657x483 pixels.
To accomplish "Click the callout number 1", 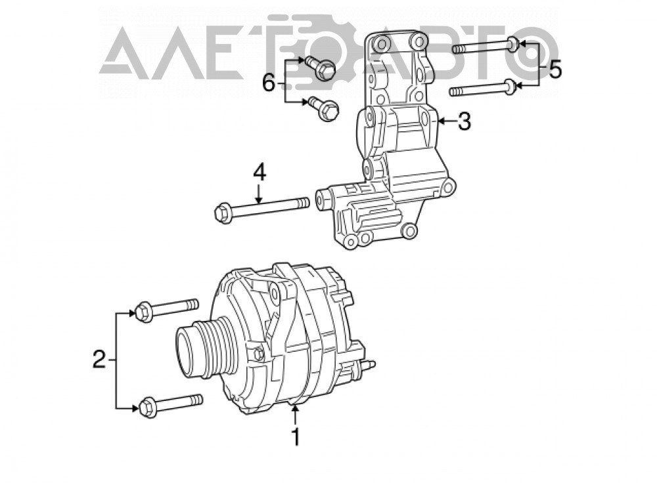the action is (x=296, y=437).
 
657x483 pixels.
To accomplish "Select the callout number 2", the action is (x=99, y=360).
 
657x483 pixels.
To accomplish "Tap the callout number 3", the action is (x=464, y=121).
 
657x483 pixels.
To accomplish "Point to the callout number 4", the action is (x=260, y=173).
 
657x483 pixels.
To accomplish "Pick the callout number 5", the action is (x=555, y=70).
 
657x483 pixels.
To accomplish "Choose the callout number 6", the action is (x=269, y=84).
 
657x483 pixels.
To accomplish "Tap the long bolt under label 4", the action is (x=262, y=208).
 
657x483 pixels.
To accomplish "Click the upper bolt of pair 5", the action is (x=486, y=46).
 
